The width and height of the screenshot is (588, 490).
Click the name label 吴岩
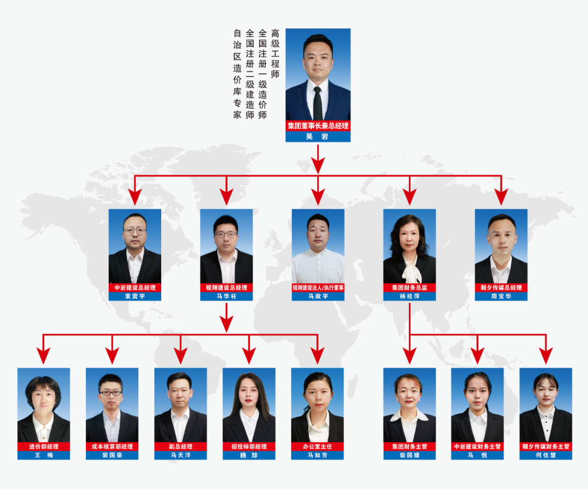point(317,137)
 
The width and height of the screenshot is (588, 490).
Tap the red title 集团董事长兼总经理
point(318,126)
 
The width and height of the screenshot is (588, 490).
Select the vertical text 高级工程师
point(275,53)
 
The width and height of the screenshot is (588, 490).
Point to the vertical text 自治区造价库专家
point(237,74)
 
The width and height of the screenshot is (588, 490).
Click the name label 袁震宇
point(134,296)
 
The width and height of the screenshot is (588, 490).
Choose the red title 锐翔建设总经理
point(226,287)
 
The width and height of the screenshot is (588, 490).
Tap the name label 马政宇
point(318,296)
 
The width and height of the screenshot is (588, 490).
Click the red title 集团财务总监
point(409,287)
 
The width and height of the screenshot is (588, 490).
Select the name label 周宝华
point(501,296)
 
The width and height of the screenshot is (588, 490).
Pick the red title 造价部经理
point(44,446)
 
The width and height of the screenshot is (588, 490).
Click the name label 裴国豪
point(112,455)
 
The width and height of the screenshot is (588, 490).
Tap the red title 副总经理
point(181,446)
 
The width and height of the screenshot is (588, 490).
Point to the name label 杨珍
point(249,455)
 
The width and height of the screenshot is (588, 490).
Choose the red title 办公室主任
point(317,446)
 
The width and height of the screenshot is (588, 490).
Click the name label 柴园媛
point(409,455)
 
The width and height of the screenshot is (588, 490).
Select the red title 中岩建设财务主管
point(477,446)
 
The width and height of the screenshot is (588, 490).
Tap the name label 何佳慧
point(546,455)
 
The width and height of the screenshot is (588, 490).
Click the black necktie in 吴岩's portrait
point(317,103)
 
